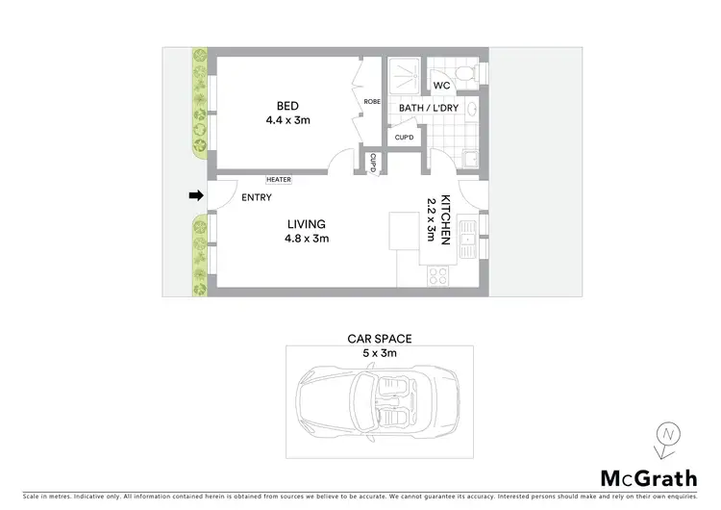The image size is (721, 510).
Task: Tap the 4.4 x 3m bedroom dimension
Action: (x=288, y=120)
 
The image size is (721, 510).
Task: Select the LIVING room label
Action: (x=306, y=224)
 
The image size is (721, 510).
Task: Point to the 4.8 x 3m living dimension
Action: (x=306, y=239)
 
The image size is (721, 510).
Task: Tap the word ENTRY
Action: (x=257, y=197)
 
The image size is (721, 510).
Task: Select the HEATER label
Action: (x=280, y=179)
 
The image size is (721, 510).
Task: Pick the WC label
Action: (x=441, y=86)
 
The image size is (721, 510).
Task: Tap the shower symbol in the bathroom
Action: (x=404, y=72)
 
